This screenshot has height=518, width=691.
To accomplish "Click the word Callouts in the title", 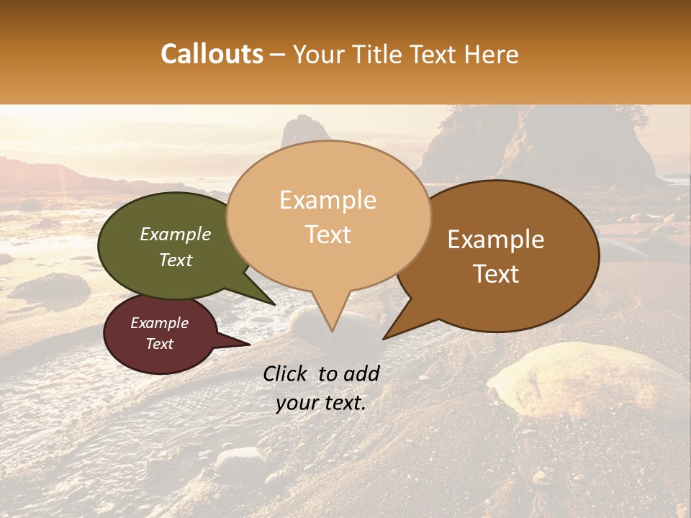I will [x=212, y=54].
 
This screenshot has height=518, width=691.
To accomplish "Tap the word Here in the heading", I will [x=492, y=54].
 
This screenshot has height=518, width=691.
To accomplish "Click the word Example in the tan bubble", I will [x=328, y=200].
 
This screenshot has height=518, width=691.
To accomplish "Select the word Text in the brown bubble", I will [x=496, y=274].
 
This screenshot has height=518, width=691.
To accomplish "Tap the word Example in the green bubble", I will [x=176, y=234].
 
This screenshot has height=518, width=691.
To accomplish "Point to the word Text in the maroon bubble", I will [x=159, y=344].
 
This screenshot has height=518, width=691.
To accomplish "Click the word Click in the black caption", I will [x=286, y=373].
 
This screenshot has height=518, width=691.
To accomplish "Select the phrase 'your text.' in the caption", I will [x=320, y=404].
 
